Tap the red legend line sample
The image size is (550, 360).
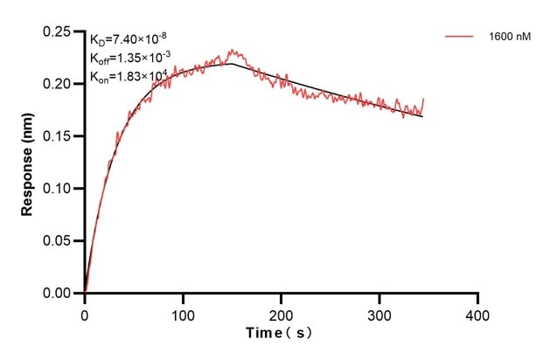point(460,37)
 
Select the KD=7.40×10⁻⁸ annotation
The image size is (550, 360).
point(125,40)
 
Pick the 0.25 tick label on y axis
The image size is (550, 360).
point(59,31)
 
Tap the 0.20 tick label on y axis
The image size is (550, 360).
point(59,84)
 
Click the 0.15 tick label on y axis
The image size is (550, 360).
point(59,136)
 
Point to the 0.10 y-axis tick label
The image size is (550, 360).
point(59,189)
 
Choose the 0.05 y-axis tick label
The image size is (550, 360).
point(59,241)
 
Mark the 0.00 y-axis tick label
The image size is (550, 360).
point(59,294)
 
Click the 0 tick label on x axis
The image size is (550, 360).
point(85,311)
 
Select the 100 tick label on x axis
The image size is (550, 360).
point(183,311)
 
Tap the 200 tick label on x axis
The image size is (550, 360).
point(281,311)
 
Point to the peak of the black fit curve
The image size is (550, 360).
point(232,63)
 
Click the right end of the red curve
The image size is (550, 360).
point(424,99)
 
